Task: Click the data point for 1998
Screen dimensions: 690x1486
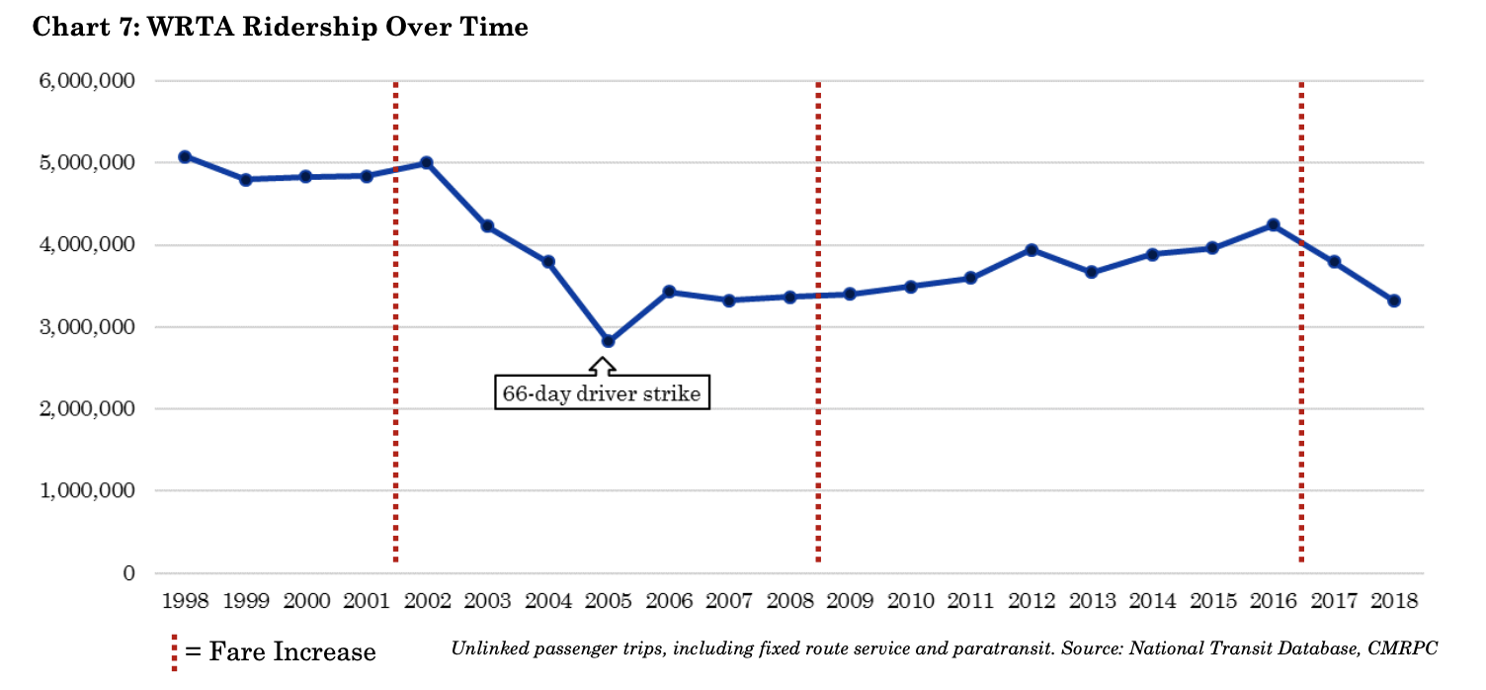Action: pos(185,156)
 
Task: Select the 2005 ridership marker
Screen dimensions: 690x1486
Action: pos(608,341)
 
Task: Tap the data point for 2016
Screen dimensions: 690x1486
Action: pos(1273,224)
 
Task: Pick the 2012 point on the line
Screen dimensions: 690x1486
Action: pos(1031,250)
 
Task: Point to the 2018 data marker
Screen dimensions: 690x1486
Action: pos(1394,301)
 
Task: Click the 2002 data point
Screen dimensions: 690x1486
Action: pos(427,162)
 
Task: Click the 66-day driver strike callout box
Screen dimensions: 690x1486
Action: pos(602,392)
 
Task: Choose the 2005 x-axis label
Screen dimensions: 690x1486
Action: pos(609,601)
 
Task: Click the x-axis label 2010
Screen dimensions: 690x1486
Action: pos(910,601)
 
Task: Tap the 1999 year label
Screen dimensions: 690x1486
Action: pos(246,601)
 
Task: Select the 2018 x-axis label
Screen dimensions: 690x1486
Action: pos(1394,601)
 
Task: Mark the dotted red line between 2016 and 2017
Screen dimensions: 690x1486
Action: pos(1300,395)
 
